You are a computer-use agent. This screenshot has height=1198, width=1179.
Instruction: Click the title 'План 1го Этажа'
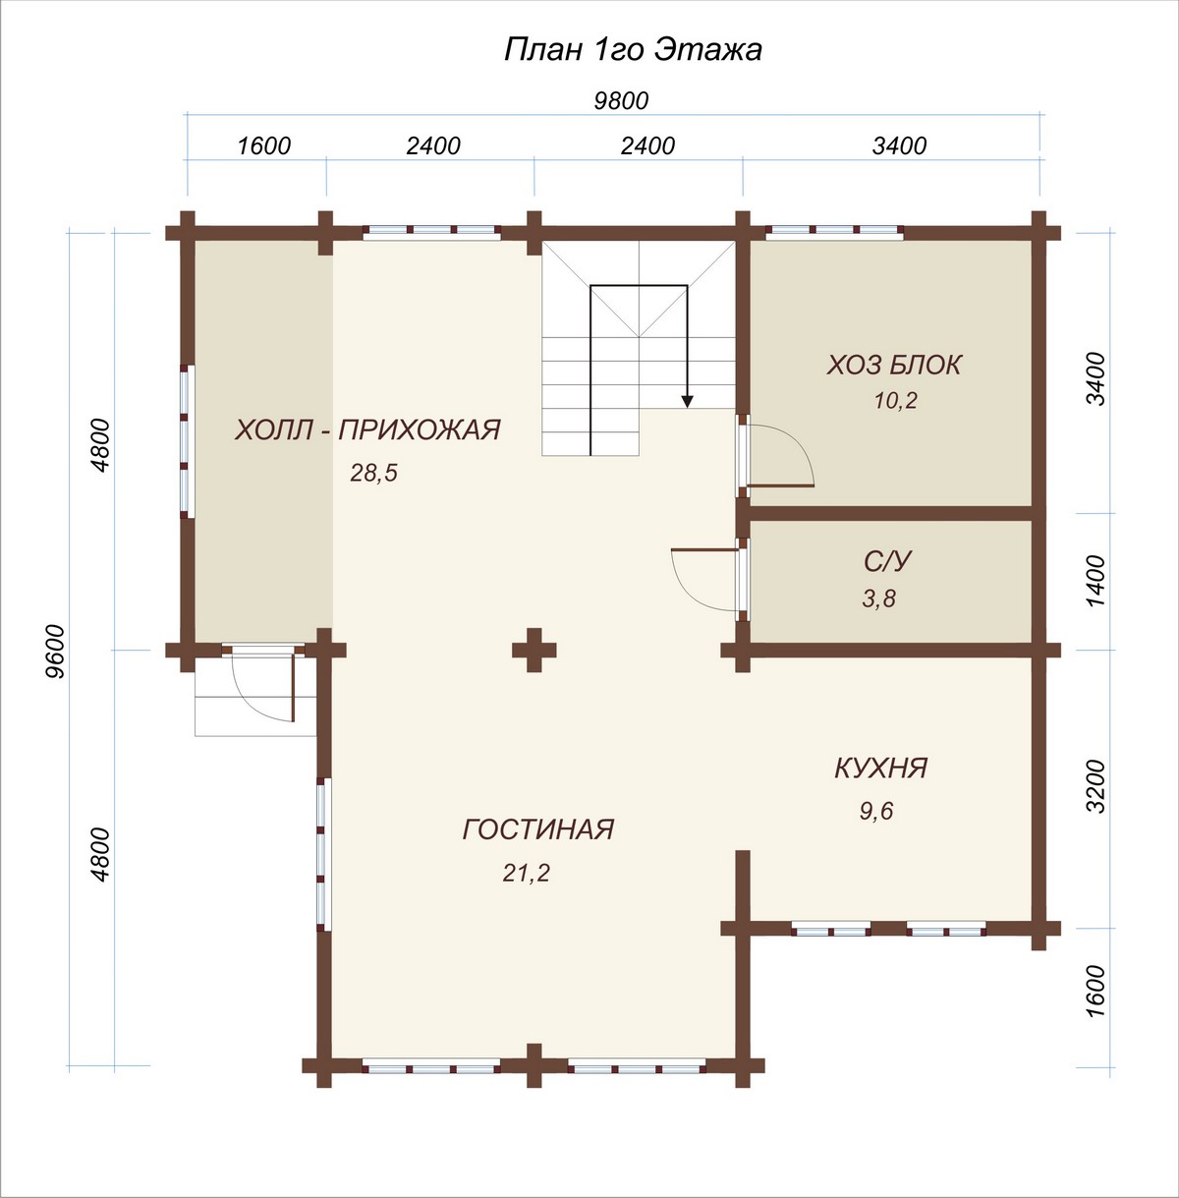click(632, 50)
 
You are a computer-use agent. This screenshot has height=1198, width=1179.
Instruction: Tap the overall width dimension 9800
click(621, 100)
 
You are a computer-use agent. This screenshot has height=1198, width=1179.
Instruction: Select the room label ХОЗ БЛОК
click(894, 365)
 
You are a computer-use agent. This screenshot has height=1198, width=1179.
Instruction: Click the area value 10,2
click(896, 401)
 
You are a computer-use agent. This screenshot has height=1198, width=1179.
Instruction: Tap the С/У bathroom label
click(887, 561)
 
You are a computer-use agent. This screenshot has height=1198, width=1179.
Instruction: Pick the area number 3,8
click(878, 599)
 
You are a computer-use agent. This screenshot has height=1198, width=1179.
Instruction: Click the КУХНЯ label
click(880, 768)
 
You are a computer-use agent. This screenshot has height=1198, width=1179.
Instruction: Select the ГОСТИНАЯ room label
click(538, 829)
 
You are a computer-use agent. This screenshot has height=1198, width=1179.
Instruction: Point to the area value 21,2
click(527, 874)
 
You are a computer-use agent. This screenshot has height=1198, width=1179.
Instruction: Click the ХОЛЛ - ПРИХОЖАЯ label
click(367, 429)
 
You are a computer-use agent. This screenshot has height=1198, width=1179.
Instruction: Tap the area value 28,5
click(373, 473)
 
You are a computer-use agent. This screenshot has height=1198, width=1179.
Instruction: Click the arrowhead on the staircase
click(687, 402)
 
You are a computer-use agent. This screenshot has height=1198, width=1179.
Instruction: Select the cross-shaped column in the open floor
click(533, 650)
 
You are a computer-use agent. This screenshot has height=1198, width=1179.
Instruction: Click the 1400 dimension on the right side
click(1098, 582)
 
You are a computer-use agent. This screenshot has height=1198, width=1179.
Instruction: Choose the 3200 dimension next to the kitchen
click(1098, 786)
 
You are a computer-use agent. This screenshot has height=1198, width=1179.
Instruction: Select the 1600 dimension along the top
click(264, 146)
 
